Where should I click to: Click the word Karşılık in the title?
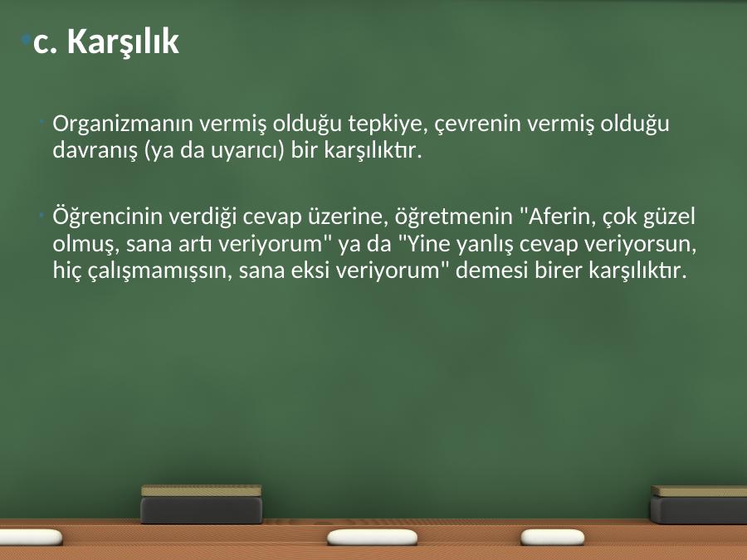coord(123,41)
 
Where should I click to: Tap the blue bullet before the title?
coord(27,38)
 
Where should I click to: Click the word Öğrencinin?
coord(108,217)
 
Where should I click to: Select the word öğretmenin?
coord(453,217)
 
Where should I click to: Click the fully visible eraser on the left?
coord(201,504)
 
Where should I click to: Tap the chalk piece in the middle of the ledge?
coord(372,537)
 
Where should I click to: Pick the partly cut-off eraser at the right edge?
coord(699,504)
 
